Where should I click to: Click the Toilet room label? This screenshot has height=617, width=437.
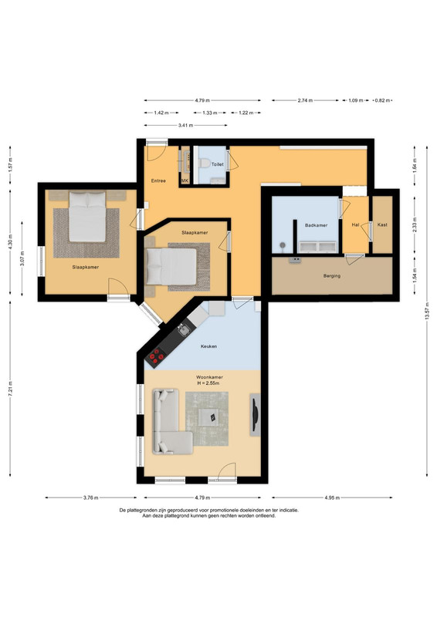click(x=218, y=164)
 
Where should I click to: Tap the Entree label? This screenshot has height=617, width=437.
click(x=158, y=181)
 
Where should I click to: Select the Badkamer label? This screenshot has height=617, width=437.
click(x=317, y=225)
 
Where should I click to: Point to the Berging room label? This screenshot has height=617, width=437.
click(x=332, y=276)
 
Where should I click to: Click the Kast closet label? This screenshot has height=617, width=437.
click(x=382, y=225)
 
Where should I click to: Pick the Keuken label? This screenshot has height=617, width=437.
click(x=208, y=346)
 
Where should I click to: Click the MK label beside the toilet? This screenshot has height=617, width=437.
click(x=185, y=181)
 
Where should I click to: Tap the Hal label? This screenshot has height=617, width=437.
click(x=355, y=225)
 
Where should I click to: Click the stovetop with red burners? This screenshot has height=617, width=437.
click(x=156, y=356)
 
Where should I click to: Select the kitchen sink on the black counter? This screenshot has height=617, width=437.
click(x=183, y=330)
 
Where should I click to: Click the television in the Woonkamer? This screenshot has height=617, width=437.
click(x=255, y=414)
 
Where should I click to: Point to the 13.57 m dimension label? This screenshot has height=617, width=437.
click(x=427, y=311)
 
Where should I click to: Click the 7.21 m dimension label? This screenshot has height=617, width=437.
click(x=10, y=389)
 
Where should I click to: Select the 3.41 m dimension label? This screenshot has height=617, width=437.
click(x=185, y=126)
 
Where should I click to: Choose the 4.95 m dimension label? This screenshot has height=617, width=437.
click(x=332, y=497)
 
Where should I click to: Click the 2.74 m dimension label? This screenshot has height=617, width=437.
click(x=305, y=101)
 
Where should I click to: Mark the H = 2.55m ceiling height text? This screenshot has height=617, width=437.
click(x=208, y=383)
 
